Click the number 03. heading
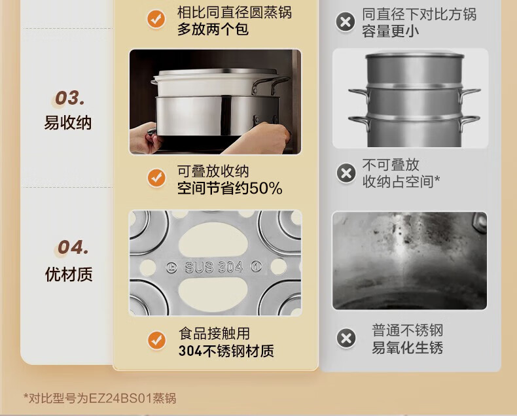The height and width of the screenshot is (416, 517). (69, 98)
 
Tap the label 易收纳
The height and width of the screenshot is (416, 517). (68, 122)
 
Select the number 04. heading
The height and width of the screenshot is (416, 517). (73, 247)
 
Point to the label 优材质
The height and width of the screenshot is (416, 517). (69, 274)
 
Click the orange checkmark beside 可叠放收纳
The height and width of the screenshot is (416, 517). (156, 178)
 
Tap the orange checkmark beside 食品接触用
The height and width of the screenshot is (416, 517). (156, 340)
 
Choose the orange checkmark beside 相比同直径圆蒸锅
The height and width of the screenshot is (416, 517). (156, 19)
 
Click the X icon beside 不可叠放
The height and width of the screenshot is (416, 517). (346, 173)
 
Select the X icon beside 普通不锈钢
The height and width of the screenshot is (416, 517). (346, 338)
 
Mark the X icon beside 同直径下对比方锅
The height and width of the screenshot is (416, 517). (346, 22)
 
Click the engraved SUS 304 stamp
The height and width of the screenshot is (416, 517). (213, 267)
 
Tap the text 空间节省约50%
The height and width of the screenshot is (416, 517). (230, 188)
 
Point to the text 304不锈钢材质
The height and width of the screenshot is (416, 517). (226, 351)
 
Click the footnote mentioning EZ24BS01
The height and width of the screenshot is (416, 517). (100, 398)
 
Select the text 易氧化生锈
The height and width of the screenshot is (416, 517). (408, 347)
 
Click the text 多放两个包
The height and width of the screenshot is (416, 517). (213, 29)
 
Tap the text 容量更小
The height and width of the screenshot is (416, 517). (391, 31)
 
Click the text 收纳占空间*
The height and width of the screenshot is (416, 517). (401, 181)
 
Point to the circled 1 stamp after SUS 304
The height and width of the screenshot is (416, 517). (256, 266)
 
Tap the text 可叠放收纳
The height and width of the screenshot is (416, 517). (213, 171)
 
